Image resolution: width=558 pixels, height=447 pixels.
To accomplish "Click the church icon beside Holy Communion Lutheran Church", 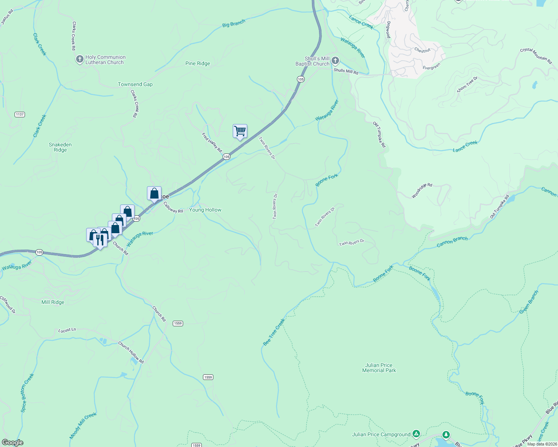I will pos(79,60).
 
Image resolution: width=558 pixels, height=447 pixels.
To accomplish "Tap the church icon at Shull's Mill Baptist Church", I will pos(335,61).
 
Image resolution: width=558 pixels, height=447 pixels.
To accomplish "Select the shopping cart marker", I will pos(240,131).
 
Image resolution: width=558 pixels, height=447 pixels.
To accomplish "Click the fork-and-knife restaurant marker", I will pos(100,240).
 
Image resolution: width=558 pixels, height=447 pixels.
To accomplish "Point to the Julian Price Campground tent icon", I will pos(416,434).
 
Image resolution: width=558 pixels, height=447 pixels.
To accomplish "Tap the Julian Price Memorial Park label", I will pos(379,368).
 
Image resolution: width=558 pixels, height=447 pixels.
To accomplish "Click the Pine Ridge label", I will pos(198,63).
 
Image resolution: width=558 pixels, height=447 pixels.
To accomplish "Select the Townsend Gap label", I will pos(135,84).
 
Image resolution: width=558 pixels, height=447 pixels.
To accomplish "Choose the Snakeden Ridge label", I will pos(60,147).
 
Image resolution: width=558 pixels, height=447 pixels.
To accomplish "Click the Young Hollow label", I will pos(205,210).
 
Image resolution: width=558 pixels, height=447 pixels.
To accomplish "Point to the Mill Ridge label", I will pos(53,302).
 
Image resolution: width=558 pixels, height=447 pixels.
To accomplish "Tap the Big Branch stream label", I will pos(233,24).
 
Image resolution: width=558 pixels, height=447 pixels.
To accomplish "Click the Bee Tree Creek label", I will pos(274,332).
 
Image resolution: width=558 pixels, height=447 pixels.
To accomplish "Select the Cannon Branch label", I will pos(452,242).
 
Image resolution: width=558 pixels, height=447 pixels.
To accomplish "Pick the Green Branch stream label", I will pos(529,302).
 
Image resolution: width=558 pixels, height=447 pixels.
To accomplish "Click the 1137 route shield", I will pos(20,114).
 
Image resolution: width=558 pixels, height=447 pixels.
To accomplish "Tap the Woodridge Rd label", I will pos(422,190).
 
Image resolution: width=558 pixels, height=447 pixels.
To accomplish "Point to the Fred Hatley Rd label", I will pos(212,142).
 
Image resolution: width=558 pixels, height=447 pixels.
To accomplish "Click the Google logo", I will pos(13,443).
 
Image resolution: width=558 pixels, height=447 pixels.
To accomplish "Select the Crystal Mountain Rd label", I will pos(536,56).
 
